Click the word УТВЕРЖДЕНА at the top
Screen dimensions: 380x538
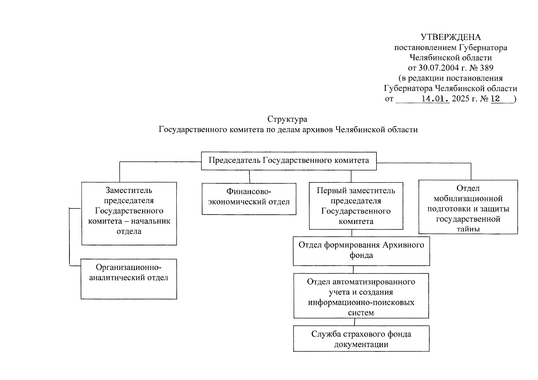coord(450,37)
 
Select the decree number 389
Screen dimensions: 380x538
coord(486,68)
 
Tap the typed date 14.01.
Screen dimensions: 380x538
coord(435,98)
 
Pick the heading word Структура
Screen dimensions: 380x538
coord(287,119)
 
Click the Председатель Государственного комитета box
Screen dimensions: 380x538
coord(289,161)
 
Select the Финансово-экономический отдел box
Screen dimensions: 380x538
coord(249,199)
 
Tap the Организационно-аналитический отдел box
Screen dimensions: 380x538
coord(129,279)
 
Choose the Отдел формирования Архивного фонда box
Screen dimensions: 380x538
coord(361,251)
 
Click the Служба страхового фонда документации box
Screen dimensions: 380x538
coord(361,339)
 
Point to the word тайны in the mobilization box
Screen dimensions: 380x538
coord(468,229)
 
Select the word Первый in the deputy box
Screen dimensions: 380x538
coord(330,191)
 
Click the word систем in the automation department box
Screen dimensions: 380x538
coord(361,313)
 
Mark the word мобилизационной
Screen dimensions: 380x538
coord(468,199)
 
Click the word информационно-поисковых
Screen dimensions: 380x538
coord(361,302)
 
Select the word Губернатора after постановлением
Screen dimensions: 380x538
coord(483,47)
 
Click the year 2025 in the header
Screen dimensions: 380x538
coord(460,98)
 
